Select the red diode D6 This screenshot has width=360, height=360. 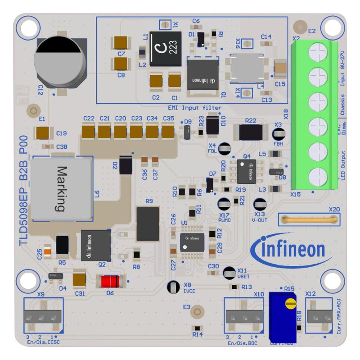[x=110, y=282]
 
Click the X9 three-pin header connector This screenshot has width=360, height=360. [x=43, y=317]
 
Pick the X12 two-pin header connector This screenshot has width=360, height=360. [x=319, y=317]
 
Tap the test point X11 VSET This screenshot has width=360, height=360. [x=229, y=272]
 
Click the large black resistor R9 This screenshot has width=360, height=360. [x=148, y=223]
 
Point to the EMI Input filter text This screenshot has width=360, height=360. [x=194, y=108]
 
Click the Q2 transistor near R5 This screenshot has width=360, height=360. [x=95, y=245]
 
